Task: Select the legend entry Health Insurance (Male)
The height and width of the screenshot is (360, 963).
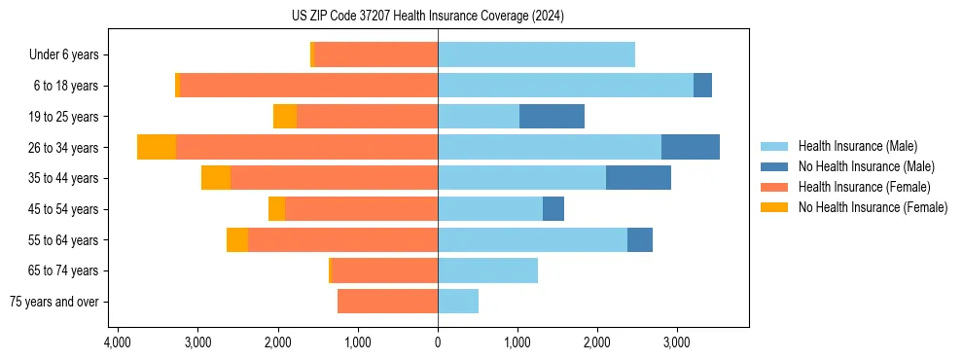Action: pos(857,146)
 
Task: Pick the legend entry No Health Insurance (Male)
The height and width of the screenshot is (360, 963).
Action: pos(866,166)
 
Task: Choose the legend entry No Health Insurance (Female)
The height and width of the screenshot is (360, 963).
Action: pos(873,207)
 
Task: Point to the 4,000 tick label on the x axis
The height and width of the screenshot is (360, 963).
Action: pos(117,342)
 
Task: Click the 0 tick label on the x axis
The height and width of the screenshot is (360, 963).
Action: pos(438,342)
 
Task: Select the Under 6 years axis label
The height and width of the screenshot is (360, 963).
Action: pos(70,55)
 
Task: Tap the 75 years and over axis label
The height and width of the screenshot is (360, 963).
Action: pos(54,302)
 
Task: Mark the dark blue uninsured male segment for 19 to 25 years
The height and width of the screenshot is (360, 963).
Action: pos(552,117)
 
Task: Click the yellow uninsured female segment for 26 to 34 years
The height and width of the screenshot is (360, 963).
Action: pos(157,147)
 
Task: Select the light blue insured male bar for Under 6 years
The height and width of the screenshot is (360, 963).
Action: pos(536,54)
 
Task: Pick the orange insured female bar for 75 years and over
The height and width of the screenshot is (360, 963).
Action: pos(387,302)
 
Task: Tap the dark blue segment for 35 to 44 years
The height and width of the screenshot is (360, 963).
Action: pos(638,178)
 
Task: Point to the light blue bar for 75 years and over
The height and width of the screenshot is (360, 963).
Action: pos(458,302)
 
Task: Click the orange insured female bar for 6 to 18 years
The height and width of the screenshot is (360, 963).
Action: pos(309,86)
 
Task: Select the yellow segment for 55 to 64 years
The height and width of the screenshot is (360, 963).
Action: pos(237,239)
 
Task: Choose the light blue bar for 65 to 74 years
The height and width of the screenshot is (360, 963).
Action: pos(487,270)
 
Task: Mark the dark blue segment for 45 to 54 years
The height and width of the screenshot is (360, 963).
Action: pos(553,209)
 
